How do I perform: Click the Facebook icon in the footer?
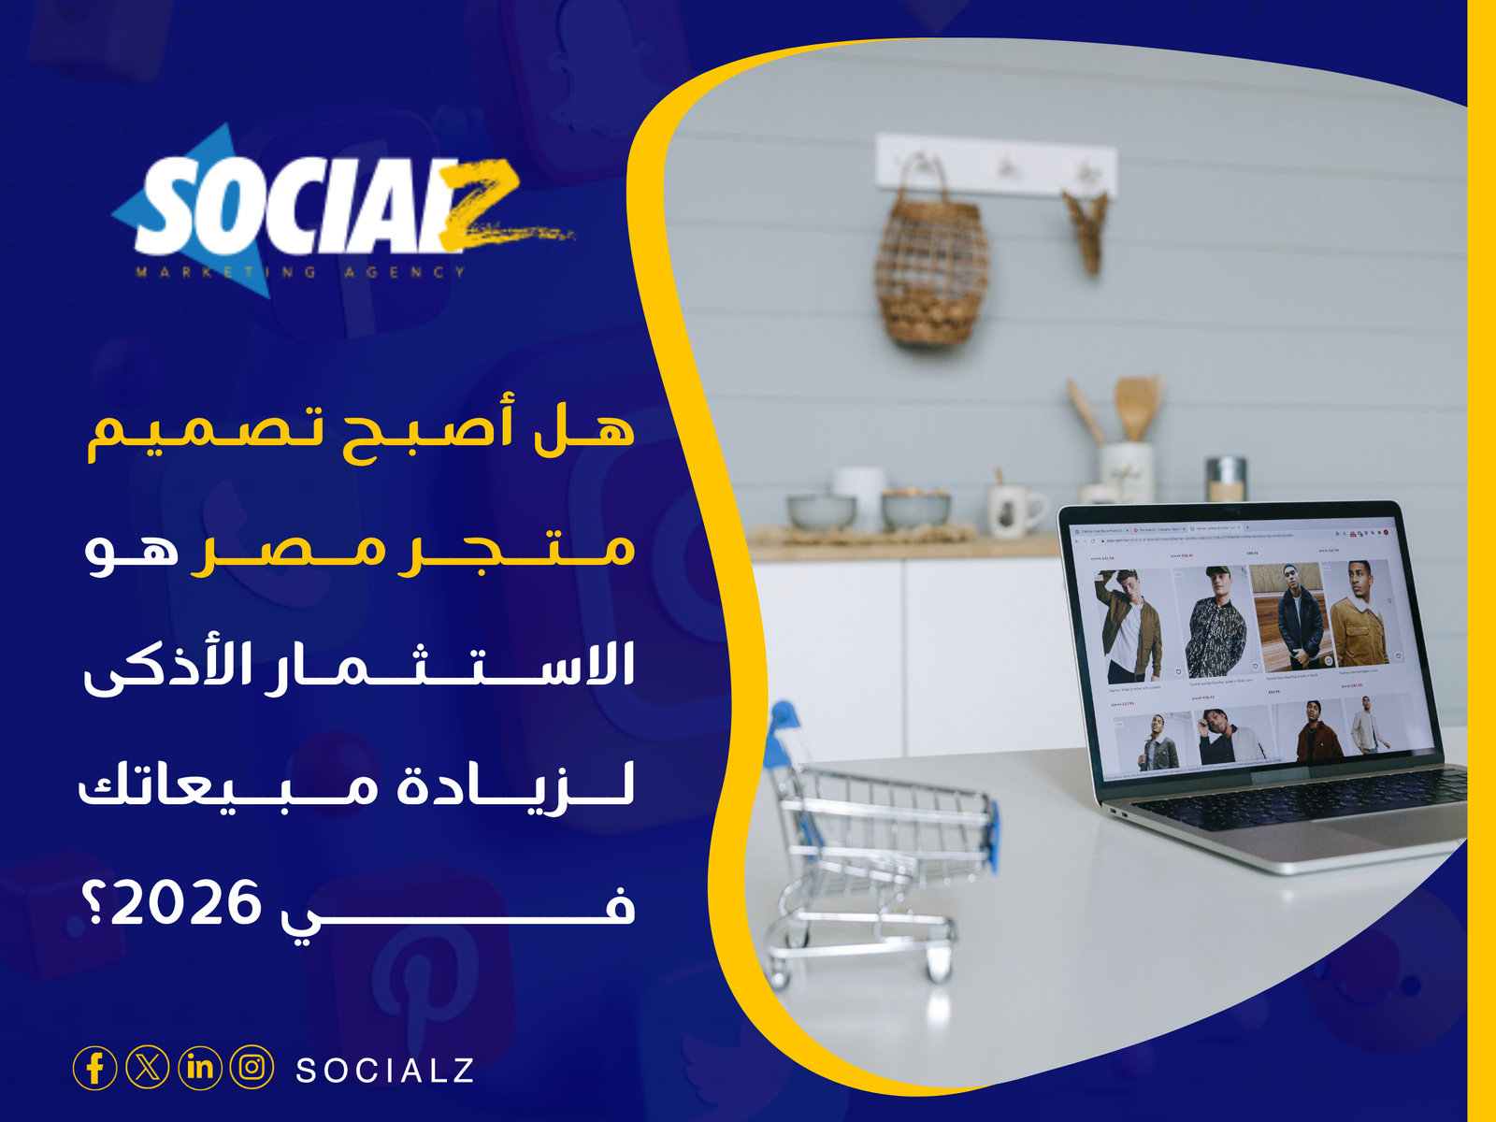(94, 1068)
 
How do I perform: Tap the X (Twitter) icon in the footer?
(148, 1068)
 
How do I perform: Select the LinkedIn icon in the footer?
(200, 1068)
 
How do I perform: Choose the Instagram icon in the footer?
(252, 1068)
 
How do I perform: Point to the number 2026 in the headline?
(187, 904)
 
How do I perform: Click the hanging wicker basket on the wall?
(929, 262)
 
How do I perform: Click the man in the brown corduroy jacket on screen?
(1360, 617)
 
